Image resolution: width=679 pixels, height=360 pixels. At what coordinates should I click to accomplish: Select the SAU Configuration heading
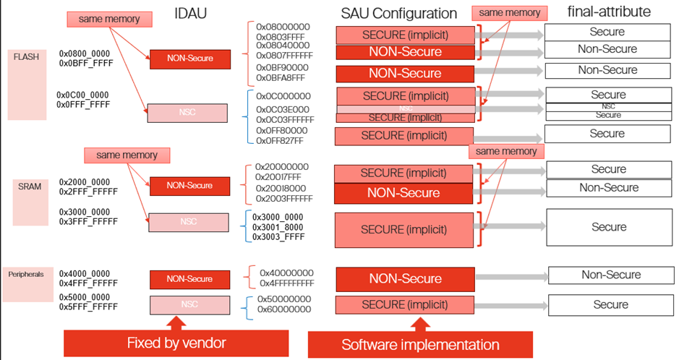pos(398,13)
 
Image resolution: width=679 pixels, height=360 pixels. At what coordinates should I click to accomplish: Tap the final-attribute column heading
pos(609,12)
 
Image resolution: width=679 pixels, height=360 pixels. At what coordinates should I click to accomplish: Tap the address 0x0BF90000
pos(283,68)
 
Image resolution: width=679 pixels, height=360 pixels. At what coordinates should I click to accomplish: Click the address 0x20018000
pos(281,189)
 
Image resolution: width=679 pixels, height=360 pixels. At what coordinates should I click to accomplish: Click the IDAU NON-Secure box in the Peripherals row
pos(189,279)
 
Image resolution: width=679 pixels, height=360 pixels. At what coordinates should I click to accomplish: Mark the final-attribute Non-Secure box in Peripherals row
pos(611,275)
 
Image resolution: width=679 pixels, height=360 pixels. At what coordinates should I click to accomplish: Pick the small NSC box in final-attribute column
pos(608,106)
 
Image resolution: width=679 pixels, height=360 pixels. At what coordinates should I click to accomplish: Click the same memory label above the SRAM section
pos(127,155)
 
